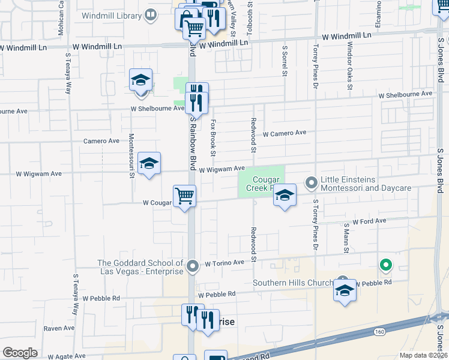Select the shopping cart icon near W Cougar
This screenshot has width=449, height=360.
click(x=184, y=196)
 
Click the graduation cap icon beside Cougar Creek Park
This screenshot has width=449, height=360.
click(x=285, y=195)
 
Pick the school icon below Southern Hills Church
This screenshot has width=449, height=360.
click(x=345, y=290)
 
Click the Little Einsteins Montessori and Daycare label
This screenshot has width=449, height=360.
click(x=366, y=184)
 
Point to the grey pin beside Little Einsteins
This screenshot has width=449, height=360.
click(x=312, y=181)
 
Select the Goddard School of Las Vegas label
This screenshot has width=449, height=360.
click(x=140, y=267)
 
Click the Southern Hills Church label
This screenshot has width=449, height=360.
click(x=293, y=283)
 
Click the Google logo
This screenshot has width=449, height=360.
click(x=20, y=353)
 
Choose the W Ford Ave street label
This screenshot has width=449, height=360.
click(x=369, y=221)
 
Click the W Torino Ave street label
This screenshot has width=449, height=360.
click(x=224, y=263)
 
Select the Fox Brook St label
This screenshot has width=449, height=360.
click(x=212, y=134)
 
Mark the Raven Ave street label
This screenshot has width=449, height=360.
click(x=59, y=328)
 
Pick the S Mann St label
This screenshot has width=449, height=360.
click(x=346, y=238)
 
